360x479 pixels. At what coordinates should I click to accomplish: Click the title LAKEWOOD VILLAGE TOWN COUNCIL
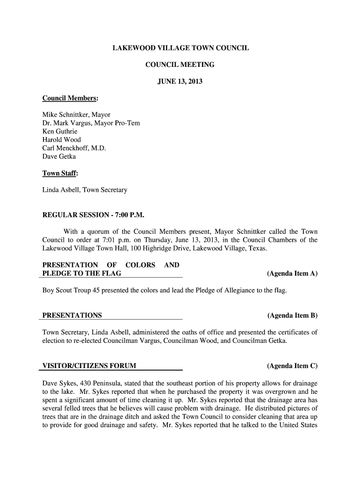point(180,48)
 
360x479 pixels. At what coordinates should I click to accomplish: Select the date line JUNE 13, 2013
point(180,82)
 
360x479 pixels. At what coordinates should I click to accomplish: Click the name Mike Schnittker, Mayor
point(77,115)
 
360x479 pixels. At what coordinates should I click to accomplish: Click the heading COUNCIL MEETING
point(180,65)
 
